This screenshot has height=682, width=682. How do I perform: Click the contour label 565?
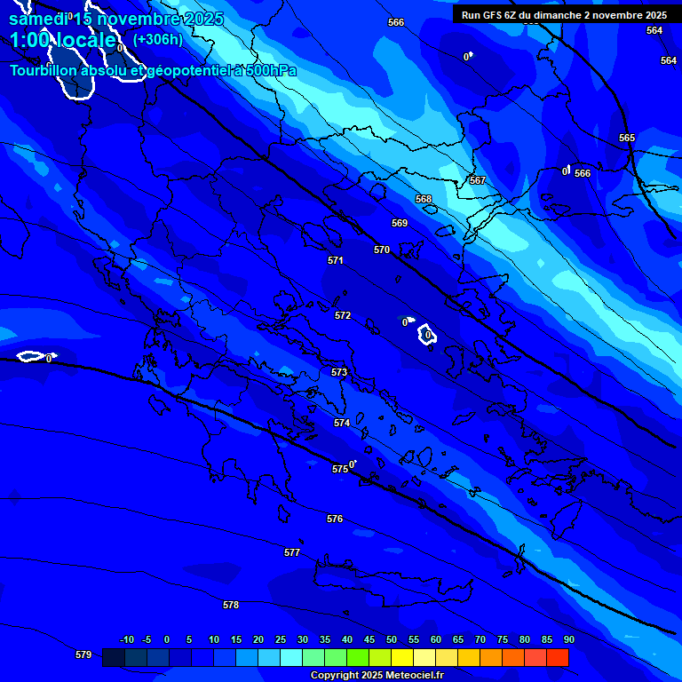[x=627, y=138]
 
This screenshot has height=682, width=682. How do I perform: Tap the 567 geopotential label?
[x=478, y=180]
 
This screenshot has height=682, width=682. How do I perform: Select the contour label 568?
[x=424, y=199]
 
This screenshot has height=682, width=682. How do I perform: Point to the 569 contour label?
[x=400, y=223]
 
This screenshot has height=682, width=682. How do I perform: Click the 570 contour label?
[x=382, y=250]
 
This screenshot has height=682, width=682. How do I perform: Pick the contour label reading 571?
[x=335, y=260]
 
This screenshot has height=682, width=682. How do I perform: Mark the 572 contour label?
[x=343, y=315]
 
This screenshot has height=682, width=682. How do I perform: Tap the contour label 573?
[x=339, y=372]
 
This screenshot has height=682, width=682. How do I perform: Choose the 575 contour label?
[x=340, y=469]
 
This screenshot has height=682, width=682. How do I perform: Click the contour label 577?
[x=292, y=552]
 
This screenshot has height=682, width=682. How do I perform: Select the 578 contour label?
[x=231, y=605]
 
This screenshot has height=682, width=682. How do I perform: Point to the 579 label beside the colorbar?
[x=83, y=654]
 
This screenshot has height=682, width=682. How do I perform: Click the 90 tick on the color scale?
[x=568, y=639]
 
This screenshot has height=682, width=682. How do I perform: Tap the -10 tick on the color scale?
[x=127, y=639]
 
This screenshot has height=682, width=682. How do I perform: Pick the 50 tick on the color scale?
[x=392, y=639]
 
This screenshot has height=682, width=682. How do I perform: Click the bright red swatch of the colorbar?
[x=558, y=657]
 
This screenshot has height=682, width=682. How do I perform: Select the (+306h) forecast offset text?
[x=157, y=39]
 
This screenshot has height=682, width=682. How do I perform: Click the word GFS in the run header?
[x=491, y=15]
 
